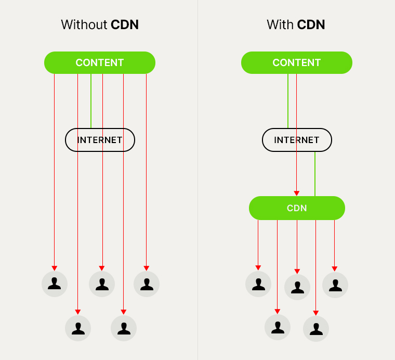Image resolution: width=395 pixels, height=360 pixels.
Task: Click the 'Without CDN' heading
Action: click(100, 24)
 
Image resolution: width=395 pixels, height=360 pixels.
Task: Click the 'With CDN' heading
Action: click(296, 24)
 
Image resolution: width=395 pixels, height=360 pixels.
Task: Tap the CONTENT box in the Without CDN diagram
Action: click(100, 62)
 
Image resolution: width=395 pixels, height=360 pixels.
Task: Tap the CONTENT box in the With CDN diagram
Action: click(297, 62)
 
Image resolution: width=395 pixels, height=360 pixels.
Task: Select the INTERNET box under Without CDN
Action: click(100, 140)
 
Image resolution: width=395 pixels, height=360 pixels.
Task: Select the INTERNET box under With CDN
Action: click(297, 140)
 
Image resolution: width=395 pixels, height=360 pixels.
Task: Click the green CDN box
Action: click(297, 208)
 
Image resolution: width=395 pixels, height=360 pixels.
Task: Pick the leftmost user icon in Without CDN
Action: click(55, 284)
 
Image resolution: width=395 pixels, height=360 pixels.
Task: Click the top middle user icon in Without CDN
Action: click(102, 284)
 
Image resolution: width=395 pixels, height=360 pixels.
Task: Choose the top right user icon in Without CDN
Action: click(147, 284)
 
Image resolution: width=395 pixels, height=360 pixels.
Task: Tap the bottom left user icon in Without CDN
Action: click(78, 328)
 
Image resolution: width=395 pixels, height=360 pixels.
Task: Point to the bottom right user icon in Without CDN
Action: click(124, 328)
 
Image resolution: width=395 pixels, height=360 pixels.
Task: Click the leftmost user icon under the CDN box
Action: click(258, 284)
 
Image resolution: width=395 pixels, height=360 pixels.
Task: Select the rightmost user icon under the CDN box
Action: click(335, 285)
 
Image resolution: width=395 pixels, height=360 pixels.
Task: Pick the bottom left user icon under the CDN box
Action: click(278, 327)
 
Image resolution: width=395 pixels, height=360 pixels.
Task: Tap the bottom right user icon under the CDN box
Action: click(316, 329)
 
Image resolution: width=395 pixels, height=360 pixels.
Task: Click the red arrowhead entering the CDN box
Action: click(297, 193)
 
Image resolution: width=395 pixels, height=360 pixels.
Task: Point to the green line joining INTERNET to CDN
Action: click(315, 174)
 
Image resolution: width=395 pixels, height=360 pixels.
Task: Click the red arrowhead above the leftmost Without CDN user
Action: click(55, 268)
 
